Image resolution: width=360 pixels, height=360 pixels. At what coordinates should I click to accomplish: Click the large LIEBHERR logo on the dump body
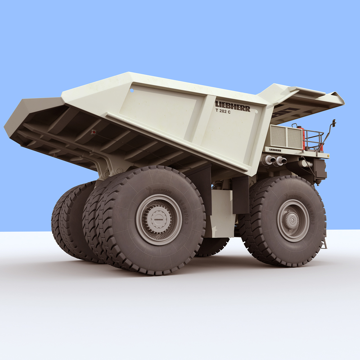coord(232,106)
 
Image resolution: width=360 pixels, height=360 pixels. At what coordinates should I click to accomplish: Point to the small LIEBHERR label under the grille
coord(275,150)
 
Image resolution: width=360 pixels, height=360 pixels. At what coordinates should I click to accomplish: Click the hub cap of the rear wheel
coord(158,219)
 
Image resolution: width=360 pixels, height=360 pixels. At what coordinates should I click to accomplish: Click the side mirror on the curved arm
coord(334,122)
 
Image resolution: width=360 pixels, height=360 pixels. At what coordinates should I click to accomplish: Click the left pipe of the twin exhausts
coord(270,160)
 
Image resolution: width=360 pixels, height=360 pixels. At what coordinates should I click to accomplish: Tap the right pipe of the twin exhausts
coord(281,160)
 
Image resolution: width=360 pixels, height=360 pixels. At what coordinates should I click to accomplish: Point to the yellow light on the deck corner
coord(328,156)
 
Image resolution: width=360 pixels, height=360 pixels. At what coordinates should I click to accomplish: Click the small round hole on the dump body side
coord(132,90)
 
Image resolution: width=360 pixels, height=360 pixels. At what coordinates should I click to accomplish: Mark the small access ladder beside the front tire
coord(323,243)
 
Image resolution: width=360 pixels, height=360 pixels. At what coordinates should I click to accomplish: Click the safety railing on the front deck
coord(314,140)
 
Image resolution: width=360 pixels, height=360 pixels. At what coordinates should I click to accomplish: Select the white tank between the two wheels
coord(221,211)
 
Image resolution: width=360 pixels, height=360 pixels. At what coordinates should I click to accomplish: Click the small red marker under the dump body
coord(94,132)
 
